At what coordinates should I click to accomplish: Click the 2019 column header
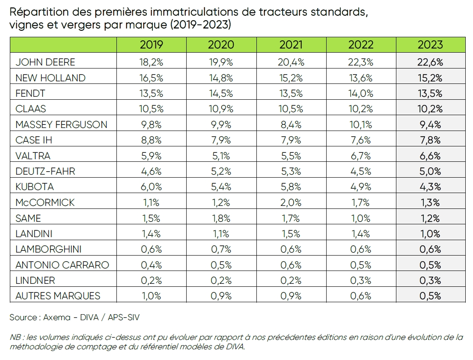(151, 45)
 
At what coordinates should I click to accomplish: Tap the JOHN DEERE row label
(45, 62)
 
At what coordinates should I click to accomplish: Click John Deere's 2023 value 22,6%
(430, 62)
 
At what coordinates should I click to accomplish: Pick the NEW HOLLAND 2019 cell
(151, 77)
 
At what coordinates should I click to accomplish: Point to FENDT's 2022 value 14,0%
(361, 93)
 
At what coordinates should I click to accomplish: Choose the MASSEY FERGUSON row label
(61, 125)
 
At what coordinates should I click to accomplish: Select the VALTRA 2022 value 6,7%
(361, 156)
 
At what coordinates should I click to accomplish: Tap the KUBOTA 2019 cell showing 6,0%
(151, 187)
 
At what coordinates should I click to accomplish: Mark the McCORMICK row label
(45, 202)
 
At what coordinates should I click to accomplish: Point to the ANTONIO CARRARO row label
(62, 265)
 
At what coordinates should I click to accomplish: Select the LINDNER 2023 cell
(430, 280)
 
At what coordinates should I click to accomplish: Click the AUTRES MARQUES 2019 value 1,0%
(151, 296)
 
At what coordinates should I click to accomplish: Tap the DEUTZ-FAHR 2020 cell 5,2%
(221, 171)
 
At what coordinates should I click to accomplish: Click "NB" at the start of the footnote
(15, 337)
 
